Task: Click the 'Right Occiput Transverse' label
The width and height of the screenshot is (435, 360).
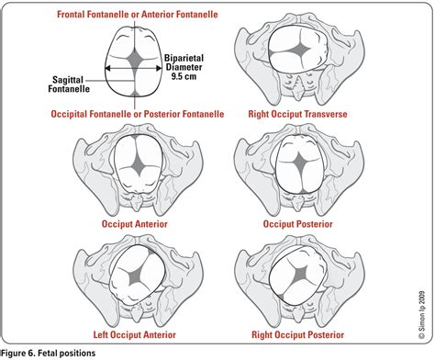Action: [297, 114]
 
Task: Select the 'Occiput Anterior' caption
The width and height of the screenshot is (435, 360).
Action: [135, 224]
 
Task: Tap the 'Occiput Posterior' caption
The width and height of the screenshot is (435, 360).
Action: [297, 224]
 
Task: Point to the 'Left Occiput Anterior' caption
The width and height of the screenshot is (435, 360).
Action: [135, 334]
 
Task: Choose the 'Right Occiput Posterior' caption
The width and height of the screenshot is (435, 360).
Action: [297, 334]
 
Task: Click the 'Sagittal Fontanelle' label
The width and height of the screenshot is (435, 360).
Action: [69, 84]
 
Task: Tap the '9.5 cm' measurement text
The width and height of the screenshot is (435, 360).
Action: [184, 76]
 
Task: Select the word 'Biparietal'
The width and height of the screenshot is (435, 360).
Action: [184, 58]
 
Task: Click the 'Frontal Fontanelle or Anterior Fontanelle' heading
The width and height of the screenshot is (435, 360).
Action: [138, 15]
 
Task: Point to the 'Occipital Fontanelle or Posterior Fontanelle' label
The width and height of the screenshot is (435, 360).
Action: [138, 114]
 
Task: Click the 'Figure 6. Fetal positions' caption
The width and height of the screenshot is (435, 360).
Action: [49, 354]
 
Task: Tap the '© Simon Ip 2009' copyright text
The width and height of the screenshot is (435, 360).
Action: [422, 314]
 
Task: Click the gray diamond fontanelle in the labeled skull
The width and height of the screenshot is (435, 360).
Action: [134, 59]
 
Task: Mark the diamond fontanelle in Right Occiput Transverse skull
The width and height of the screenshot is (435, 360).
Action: [298, 49]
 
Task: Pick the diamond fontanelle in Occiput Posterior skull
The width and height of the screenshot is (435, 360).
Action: [299, 162]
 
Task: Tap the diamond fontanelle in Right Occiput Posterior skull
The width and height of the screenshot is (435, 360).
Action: [301, 273]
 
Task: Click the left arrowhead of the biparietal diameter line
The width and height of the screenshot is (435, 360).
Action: [107, 68]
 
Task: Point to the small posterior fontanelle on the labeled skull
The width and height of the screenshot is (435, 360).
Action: [135, 94]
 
